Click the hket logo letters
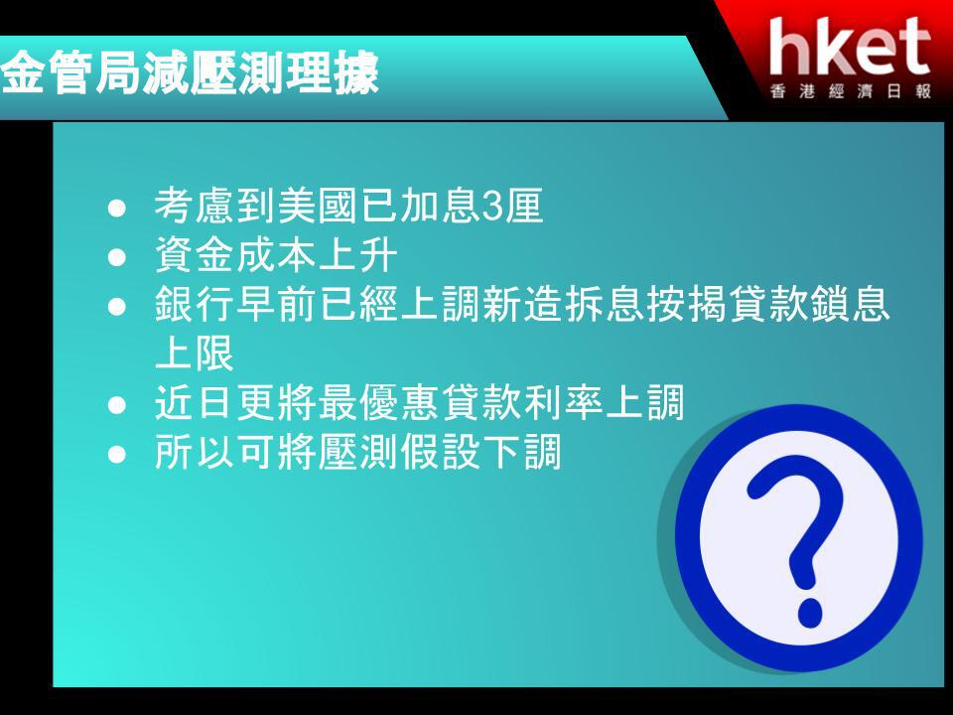[850, 47]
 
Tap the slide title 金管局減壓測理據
[190, 73]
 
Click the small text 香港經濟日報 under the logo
[851, 91]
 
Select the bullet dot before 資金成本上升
[117, 256]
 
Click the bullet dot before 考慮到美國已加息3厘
[117, 208]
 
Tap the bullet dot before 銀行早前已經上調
[117, 306]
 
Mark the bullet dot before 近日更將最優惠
[117, 405]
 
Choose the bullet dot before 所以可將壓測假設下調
[117, 454]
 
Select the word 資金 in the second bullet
[195, 254]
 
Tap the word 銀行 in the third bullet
[195, 304]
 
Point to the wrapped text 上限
[195, 354]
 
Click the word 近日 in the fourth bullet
[195, 402]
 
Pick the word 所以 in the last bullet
[195, 452]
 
